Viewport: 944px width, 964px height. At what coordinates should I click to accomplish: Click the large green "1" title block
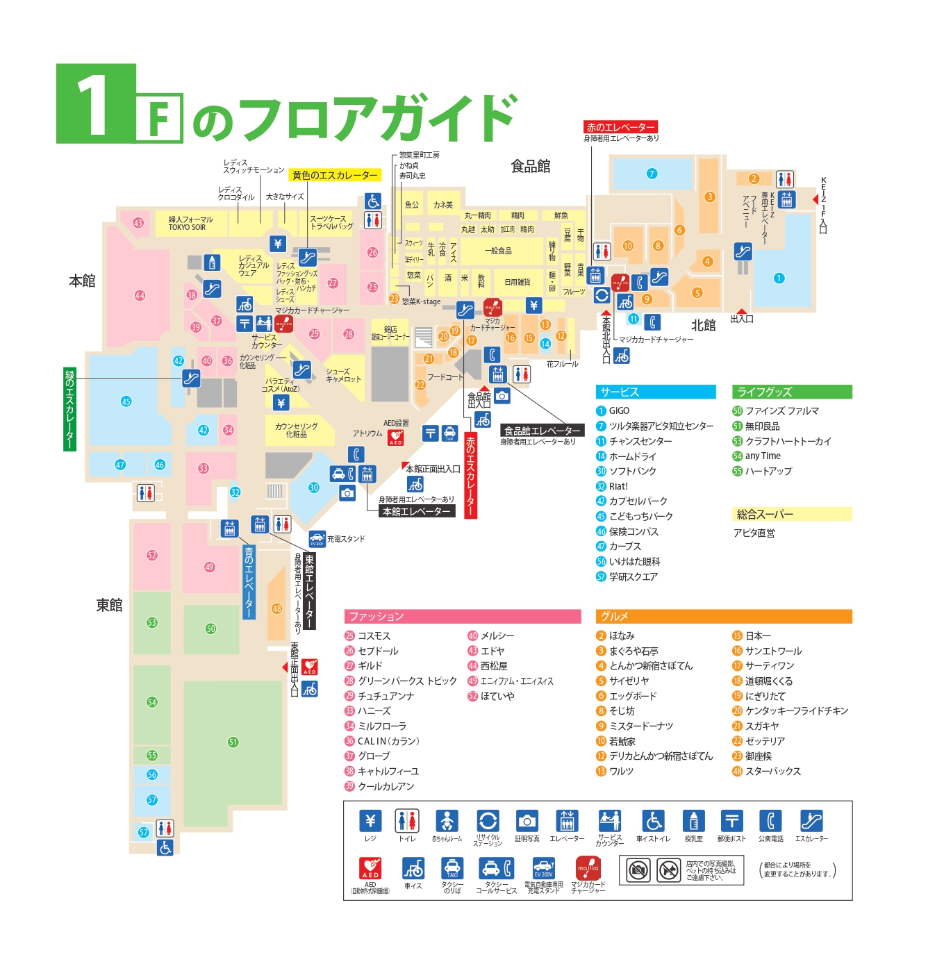point(95,103)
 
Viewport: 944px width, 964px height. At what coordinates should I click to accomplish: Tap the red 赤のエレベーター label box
point(620,127)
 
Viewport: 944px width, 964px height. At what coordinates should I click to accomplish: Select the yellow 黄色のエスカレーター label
point(335,176)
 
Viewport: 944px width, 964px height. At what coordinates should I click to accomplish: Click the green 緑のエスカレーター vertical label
point(69,409)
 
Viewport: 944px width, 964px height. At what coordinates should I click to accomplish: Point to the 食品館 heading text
point(531,167)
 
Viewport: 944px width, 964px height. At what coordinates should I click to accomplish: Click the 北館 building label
point(703,325)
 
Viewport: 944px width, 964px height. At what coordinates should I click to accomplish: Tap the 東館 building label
point(109,605)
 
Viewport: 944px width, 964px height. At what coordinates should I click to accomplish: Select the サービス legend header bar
point(655,392)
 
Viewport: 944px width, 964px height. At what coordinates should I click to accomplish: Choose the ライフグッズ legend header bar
point(791,392)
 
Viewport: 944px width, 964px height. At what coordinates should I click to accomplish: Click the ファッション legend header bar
point(462,617)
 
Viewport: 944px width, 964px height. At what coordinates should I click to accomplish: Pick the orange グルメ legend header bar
point(723,617)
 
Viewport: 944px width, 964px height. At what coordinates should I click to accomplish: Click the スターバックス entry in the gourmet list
point(772,771)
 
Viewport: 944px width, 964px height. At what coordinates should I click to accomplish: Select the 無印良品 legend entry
point(762,426)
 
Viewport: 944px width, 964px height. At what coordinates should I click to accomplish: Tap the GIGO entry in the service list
point(619,410)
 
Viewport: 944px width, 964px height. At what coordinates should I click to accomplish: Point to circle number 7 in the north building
point(652,174)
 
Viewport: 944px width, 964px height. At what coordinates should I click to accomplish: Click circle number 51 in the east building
point(233,742)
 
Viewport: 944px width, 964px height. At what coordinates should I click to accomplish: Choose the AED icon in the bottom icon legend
point(370,869)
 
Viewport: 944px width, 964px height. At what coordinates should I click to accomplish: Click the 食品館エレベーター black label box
point(542,431)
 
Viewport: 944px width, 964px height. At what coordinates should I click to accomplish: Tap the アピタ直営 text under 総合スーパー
point(754,533)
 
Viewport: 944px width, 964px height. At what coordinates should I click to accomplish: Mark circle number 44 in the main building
point(140,295)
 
